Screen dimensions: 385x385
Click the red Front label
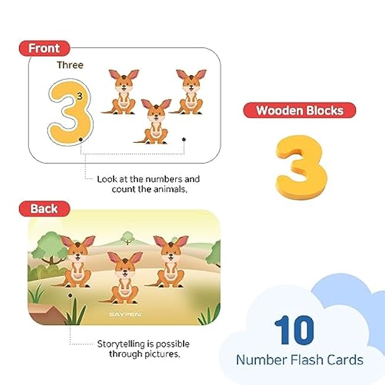pyautogui.click(x=44, y=48)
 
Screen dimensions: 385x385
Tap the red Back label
pyautogui.click(x=44, y=208)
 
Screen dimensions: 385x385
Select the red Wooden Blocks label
pyautogui.click(x=299, y=110)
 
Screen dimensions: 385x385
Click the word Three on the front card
pyautogui.click(x=70, y=65)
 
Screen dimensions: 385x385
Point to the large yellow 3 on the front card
pyautogui.click(x=70, y=113)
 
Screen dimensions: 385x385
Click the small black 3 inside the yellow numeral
pyautogui.click(x=80, y=96)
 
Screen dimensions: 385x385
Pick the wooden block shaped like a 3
pyautogui.click(x=301, y=167)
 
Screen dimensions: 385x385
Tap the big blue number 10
pyautogui.click(x=294, y=331)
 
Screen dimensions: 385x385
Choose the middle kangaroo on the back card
pyautogui.click(x=123, y=278)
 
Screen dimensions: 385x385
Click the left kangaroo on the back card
pyautogui.click(x=76, y=261)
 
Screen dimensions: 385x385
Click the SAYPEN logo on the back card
pyautogui.click(x=125, y=315)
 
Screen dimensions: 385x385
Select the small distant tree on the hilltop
pyautogui.click(x=127, y=238)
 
